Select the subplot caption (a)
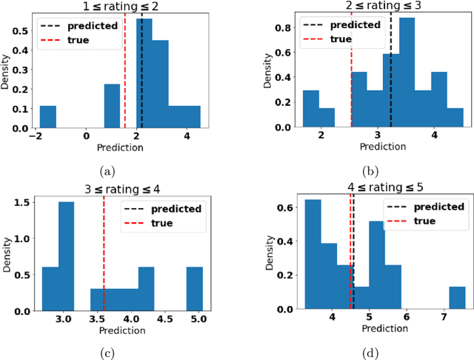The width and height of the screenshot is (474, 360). [x=108, y=171]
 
